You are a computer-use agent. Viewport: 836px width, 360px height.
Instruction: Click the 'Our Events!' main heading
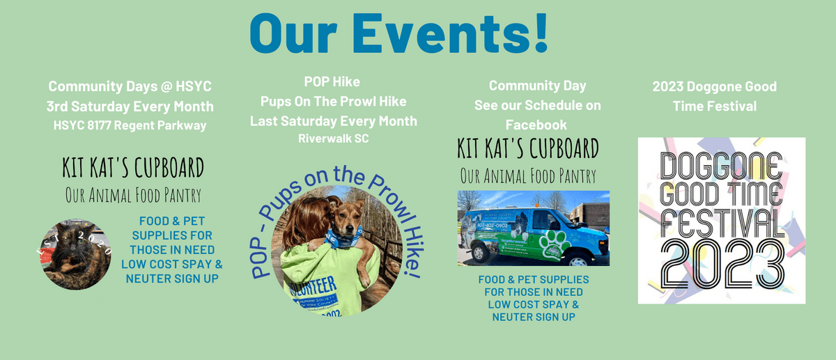(398, 31)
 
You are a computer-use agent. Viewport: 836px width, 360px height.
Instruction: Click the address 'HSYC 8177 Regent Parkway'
(130, 125)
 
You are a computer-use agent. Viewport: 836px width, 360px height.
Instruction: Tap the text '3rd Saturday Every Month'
(130, 107)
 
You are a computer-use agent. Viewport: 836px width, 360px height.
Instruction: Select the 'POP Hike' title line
(332, 82)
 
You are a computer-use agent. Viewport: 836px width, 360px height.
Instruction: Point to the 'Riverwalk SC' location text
(332, 138)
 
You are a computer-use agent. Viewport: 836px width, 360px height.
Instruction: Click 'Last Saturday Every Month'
(334, 120)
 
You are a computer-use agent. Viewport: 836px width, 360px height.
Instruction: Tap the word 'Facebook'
(537, 125)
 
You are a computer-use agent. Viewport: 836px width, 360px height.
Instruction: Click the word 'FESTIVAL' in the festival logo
(722, 223)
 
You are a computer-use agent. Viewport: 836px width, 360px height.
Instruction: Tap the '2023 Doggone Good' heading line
(714, 87)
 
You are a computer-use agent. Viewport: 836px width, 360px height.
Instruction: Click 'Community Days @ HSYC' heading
(130, 87)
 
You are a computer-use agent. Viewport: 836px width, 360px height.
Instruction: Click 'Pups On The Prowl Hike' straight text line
(334, 102)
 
